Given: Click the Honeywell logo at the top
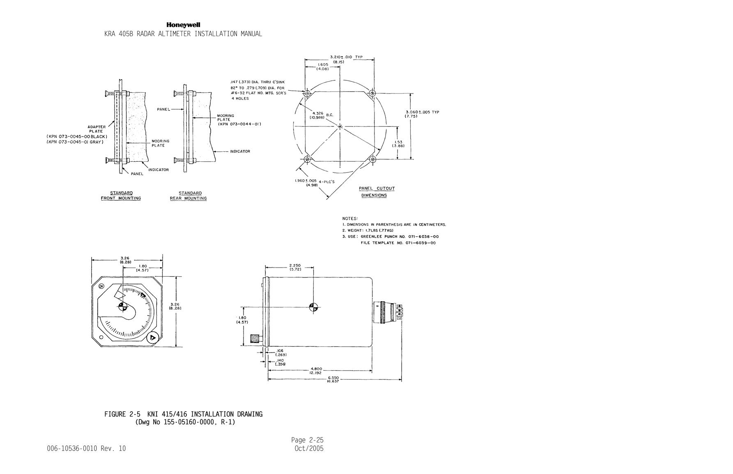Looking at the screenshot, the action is (x=183, y=25).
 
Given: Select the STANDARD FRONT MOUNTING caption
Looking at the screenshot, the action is (x=121, y=196).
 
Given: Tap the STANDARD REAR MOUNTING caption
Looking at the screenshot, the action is (x=188, y=196).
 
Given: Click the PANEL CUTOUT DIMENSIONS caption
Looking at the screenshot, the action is (x=377, y=192).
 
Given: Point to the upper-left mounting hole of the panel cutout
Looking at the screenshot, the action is (x=307, y=94).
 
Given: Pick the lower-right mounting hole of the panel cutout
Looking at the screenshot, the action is (x=372, y=159).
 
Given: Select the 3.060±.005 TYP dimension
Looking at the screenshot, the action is (x=422, y=114).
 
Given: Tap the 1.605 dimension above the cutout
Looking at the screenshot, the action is (x=323, y=66).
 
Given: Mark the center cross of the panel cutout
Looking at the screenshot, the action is (x=340, y=126).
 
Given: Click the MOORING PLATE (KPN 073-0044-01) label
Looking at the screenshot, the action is (x=239, y=120).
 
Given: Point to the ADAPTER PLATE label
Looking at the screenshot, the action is (x=97, y=129).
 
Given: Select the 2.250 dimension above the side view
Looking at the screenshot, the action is (x=295, y=267).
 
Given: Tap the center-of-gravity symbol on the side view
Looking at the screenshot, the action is (x=314, y=307).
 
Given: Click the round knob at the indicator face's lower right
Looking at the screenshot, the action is (x=153, y=337).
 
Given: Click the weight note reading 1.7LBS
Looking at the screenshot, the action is (x=368, y=231).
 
